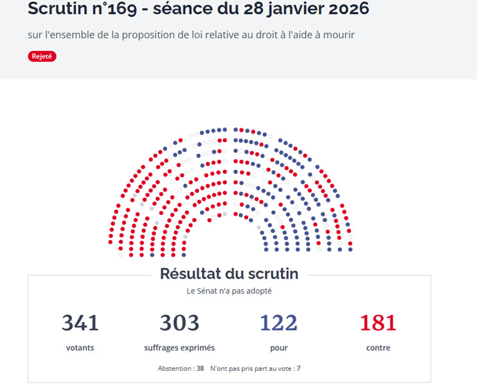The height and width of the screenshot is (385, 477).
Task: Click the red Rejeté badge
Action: coord(42,56)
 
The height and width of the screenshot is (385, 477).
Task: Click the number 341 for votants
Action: coord(81,323)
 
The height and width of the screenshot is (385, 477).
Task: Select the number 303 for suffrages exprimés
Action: coord(179,323)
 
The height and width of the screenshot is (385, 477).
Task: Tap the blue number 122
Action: coord(278,323)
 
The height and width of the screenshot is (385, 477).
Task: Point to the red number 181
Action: coord(378,323)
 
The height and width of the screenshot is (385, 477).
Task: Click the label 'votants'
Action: coord(81,348)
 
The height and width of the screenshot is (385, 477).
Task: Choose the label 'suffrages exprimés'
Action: coord(179,348)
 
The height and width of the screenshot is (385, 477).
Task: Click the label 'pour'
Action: coord(278,348)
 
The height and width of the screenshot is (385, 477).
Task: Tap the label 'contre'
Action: coord(378,348)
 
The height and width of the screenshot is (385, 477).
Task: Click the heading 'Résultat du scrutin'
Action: coord(229,274)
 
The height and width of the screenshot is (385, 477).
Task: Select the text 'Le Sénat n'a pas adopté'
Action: coord(229,291)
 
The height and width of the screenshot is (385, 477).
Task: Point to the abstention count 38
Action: coord(200,369)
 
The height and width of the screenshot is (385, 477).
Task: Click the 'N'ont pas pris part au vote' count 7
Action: coord(298,369)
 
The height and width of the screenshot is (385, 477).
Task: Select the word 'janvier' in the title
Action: coord(286,10)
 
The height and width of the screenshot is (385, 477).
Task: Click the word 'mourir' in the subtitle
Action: coord(339,35)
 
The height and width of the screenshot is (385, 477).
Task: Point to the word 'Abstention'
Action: coord(175,369)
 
